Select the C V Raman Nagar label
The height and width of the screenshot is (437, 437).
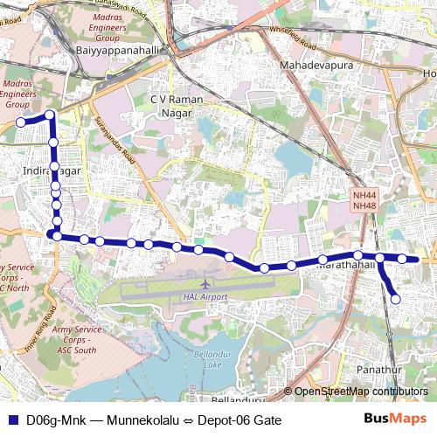click(x=177, y=105)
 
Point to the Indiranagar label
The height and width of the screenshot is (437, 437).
click(x=52, y=170)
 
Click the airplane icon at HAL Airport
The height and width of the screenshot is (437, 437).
click(x=205, y=284)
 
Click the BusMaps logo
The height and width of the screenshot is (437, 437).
click(x=389, y=420)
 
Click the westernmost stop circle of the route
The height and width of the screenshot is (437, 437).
click(x=21, y=122)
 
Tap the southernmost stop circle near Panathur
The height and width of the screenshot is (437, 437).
click(x=395, y=299)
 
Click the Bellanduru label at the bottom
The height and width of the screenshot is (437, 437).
click(x=238, y=400)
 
